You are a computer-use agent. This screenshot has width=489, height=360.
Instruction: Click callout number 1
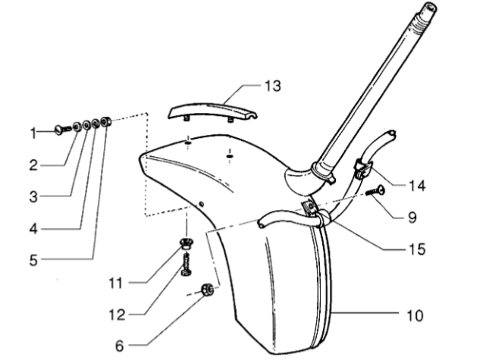click(x=33, y=133)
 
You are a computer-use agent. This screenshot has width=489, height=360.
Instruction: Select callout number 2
click(x=33, y=164)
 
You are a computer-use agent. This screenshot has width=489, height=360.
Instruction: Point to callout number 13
click(x=271, y=86)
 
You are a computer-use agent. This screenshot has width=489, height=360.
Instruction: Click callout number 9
click(x=411, y=216)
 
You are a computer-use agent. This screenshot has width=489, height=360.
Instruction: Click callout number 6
click(x=119, y=346)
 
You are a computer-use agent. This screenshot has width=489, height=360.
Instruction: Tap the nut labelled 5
click(x=107, y=121)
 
